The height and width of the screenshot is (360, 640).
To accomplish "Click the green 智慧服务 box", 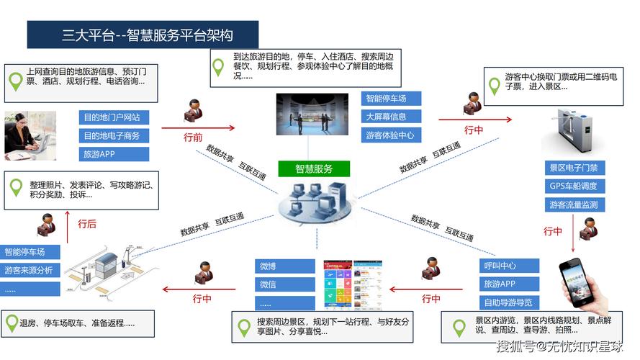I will click(314, 169).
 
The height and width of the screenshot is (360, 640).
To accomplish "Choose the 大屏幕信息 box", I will click(391, 117).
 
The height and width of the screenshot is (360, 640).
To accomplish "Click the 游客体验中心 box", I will click(391, 135).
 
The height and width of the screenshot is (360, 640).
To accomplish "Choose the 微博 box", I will click(285, 266).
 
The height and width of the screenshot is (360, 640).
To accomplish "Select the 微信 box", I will click(285, 284).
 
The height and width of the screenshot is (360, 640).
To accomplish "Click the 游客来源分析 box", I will click(30, 271).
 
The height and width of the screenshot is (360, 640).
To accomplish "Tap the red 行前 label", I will click(193, 137).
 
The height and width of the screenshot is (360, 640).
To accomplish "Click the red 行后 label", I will click(86, 224).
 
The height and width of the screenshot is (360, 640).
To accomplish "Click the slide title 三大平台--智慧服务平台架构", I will click(143, 35).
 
